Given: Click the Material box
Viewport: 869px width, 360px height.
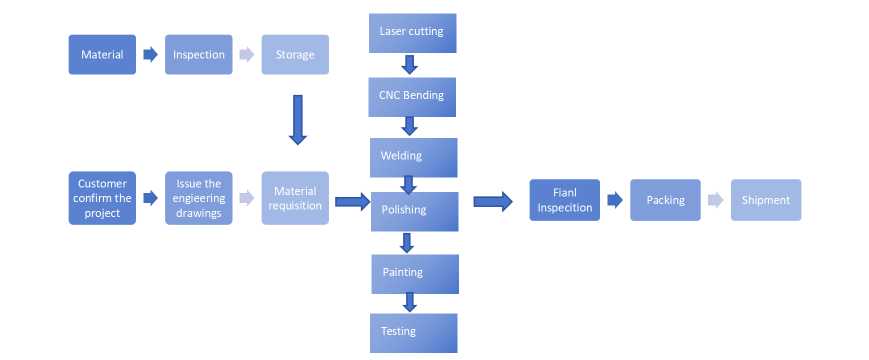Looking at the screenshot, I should pos(102,54).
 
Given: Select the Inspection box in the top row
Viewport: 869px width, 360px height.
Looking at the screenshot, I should pos(198,54).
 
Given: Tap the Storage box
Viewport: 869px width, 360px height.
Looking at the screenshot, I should pos(295,54).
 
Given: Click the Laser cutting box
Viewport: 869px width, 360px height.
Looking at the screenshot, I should pos(412,33).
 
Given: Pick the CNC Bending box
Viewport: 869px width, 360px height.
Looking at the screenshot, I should pos(412,97).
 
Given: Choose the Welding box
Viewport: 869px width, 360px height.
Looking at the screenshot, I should pos(413,157).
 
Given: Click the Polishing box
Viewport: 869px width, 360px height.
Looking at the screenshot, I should pos(414,211).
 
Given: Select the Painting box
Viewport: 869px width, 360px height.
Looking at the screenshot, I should pos(415,274).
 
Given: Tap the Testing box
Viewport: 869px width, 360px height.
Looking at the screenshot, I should pos(413,333).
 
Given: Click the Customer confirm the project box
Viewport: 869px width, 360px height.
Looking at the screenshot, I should pos(102,198).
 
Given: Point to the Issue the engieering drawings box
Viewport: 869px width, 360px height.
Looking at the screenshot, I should pos(198,198).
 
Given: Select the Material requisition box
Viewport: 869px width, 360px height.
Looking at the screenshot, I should pos(295,198).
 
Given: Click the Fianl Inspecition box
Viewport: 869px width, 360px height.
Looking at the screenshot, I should pos(564,200).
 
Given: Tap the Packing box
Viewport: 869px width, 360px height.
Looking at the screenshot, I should pos(665,200).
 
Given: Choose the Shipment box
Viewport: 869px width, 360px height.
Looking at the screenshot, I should pos(765,200).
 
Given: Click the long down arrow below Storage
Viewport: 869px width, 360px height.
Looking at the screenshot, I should pos(297,120).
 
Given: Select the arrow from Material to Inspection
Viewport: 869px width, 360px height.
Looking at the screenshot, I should pos(150,54).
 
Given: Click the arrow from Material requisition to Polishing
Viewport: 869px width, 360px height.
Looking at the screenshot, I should pos(352,201).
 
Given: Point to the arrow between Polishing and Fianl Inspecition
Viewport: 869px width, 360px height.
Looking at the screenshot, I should pos(492,201).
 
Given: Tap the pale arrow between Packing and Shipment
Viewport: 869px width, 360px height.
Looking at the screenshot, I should pos(715,200).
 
